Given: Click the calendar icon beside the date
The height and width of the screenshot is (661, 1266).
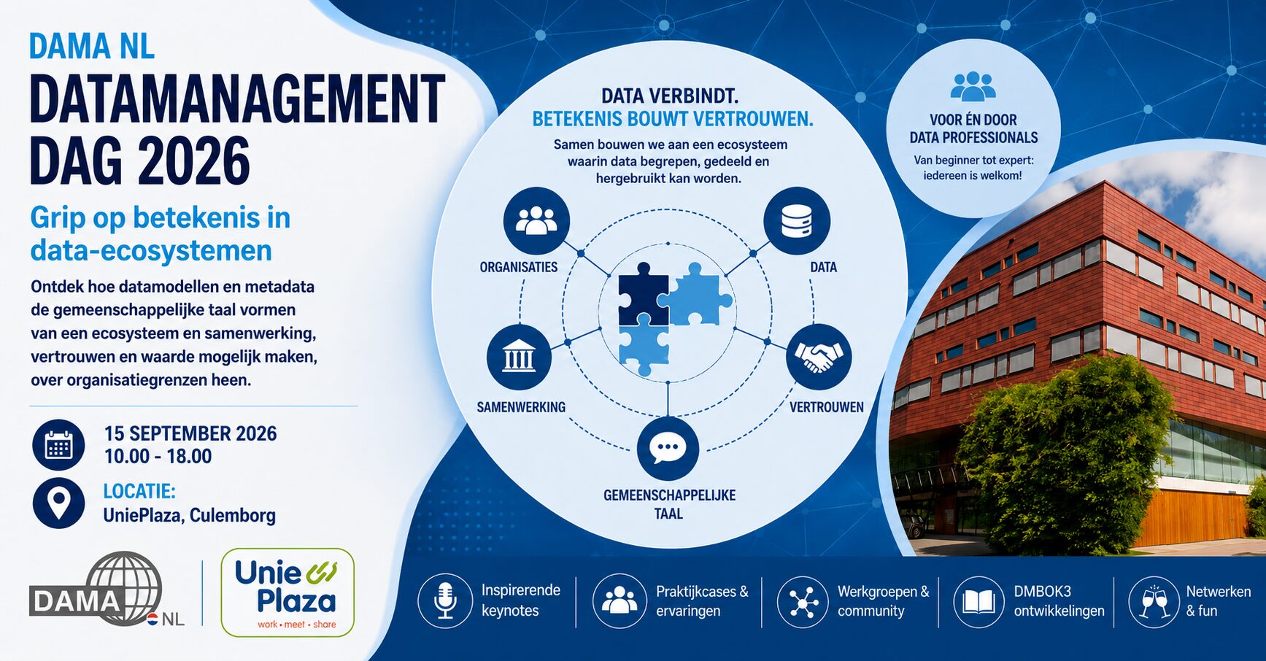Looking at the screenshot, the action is click(58, 445).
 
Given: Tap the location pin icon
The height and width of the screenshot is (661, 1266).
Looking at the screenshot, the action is click(58, 503).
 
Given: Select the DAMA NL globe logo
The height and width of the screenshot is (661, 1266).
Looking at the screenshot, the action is click(107, 590).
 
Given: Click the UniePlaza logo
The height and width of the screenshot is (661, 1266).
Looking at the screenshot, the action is click(287, 592).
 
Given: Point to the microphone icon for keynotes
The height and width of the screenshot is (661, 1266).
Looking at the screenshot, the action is click(445, 601).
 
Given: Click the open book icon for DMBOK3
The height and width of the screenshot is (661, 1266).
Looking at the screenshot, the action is click(979, 601).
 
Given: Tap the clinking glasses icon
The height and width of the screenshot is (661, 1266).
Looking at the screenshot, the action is click(1154, 601).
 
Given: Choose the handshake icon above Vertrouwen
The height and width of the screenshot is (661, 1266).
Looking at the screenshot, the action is click(819, 357).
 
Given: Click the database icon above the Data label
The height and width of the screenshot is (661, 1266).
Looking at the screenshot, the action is click(797, 221).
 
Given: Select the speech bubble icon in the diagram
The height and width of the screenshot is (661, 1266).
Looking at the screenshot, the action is click(668, 449).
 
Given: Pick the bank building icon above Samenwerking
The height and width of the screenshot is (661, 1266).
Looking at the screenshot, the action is click(519, 357).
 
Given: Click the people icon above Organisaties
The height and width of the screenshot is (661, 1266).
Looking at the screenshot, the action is click(536, 220).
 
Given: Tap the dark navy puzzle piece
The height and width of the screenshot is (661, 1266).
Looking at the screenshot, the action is click(643, 293).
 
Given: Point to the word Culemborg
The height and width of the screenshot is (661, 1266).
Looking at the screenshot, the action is click(233, 516).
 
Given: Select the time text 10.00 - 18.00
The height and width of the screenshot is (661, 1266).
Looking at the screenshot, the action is click(158, 457).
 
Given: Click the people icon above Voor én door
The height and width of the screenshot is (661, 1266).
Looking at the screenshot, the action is click(973, 86).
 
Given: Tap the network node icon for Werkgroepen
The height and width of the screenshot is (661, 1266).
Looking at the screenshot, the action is click(803, 601).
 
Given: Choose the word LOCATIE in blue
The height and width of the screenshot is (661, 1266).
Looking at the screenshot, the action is click(139, 491).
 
